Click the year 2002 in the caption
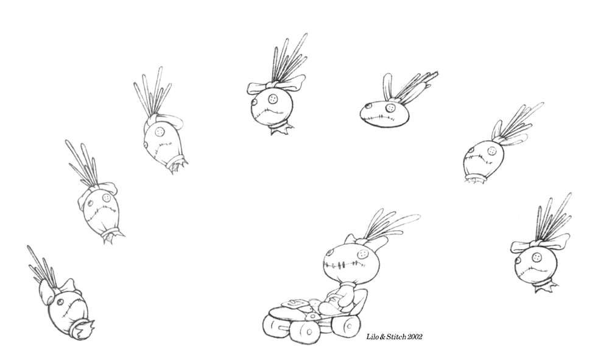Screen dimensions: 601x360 415,337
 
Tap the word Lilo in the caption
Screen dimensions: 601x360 372,337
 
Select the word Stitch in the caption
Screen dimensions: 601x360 396,337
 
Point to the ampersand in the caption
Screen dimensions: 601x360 382,337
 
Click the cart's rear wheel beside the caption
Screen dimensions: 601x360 346,325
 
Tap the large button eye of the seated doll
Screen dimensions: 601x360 362,254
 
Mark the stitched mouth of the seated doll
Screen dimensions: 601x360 343,264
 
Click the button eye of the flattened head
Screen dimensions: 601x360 390,108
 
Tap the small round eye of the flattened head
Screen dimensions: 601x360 368,105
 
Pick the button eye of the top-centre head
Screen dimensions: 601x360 273,99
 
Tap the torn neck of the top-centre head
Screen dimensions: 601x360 280,128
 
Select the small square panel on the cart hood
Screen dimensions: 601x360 295,304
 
